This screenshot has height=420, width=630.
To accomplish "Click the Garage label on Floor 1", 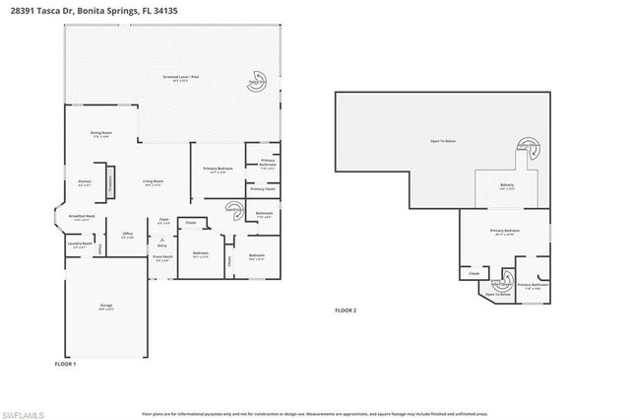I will [106, 306].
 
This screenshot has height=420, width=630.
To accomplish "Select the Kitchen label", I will [85, 182].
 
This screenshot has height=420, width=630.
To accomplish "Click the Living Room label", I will [152, 182].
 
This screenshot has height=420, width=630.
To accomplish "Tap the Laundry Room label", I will [81, 244].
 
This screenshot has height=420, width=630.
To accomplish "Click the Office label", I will [127, 236].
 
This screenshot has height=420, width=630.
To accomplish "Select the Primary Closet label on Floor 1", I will [262, 188].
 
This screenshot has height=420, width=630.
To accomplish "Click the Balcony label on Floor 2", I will [507, 186].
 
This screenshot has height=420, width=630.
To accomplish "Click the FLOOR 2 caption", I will [346, 311].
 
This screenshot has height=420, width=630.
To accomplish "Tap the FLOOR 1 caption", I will [66, 364].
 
